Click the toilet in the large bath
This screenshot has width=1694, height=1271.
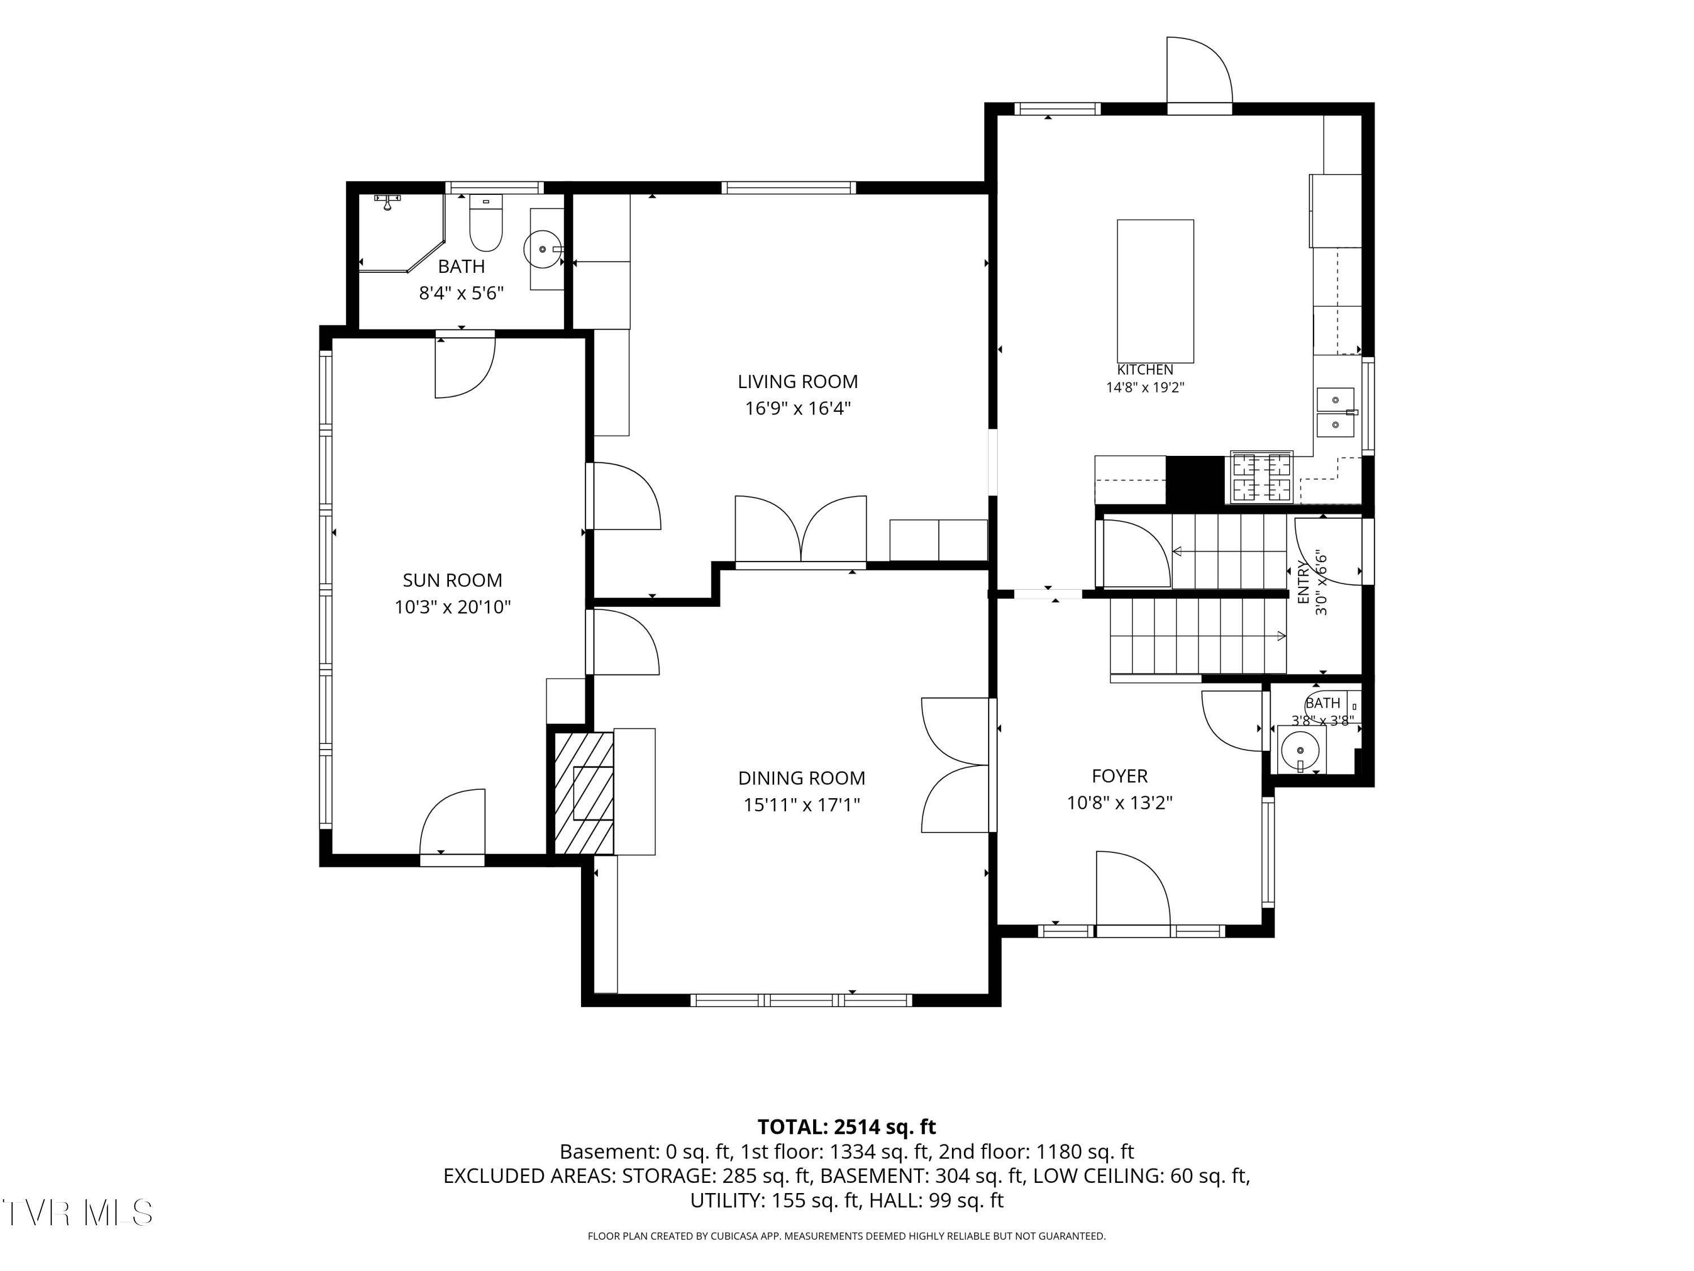(x=486, y=223)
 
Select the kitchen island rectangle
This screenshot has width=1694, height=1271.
(x=1155, y=291)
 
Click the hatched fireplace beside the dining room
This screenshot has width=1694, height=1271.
(x=583, y=793)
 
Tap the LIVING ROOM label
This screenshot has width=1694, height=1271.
(x=797, y=381)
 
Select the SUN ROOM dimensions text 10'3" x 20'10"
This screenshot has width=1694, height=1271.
(x=453, y=607)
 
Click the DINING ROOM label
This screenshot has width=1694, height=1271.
(x=801, y=778)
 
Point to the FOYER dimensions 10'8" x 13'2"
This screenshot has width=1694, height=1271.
(x=1120, y=803)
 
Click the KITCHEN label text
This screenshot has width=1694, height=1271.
(x=1145, y=370)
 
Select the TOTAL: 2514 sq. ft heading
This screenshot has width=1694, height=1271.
(x=846, y=1127)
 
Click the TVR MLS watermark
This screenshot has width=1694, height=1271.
(x=77, y=1213)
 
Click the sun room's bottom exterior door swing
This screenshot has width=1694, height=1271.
(x=452, y=822)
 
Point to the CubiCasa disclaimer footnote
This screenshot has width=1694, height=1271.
(x=846, y=1236)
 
